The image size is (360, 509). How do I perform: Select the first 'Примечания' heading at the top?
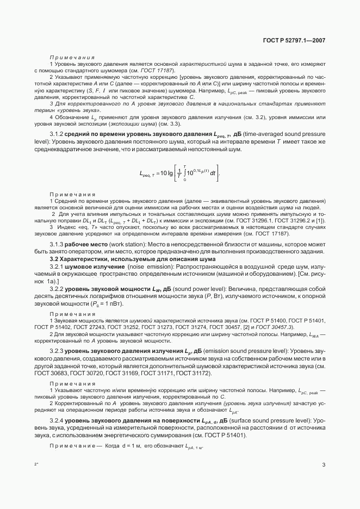tap(72, 57)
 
